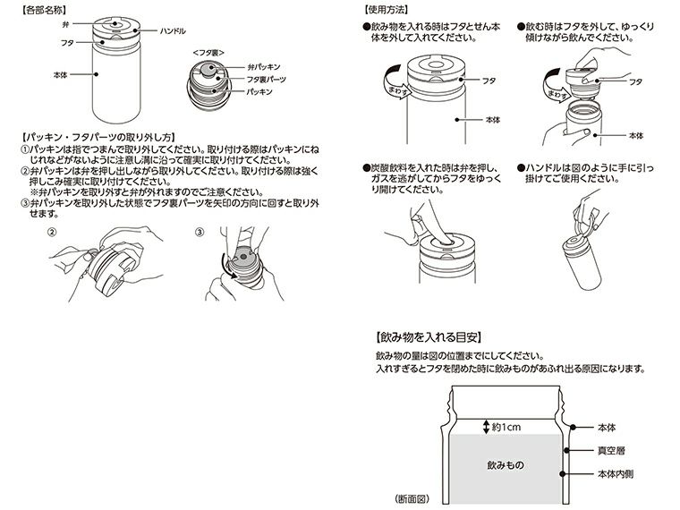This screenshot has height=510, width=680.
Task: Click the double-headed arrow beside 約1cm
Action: [485, 427]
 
